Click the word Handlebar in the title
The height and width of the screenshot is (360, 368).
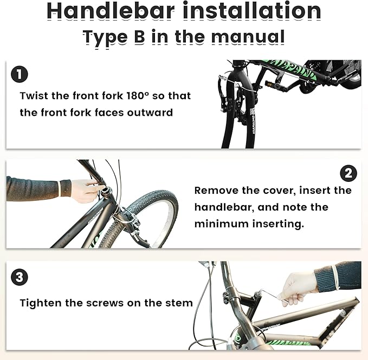111,10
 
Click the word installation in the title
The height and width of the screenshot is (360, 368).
252,10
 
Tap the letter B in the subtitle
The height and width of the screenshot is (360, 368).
140,36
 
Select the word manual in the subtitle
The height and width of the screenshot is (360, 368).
248,36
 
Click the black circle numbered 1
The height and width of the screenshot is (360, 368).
20,74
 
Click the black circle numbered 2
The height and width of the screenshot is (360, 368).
348,173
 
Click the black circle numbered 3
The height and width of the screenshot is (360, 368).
20,277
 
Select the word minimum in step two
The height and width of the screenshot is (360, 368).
222,224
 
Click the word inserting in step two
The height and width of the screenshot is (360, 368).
278,224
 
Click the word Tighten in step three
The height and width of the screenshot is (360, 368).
41,303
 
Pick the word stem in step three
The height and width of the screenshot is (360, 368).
179,303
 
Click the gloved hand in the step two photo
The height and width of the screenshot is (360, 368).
86,191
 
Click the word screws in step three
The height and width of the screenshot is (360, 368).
105,303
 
